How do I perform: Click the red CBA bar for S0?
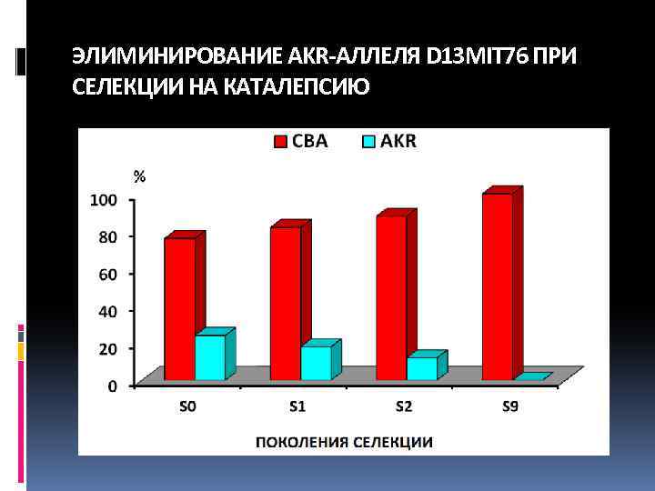coord(179,309)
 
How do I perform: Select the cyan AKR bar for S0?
coord(210,357)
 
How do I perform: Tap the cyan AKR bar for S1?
coord(316,363)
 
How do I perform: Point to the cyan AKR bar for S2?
coord(421,368)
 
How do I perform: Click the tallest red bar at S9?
coord(497,286)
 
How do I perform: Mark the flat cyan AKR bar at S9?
coord(532,376)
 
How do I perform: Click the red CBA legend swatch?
coord(281,141)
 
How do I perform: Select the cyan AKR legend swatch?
coord(369,141)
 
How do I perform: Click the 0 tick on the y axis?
coord(112,386)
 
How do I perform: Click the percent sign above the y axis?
coord(139,176)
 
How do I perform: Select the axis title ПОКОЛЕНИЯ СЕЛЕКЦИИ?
coord(343,443)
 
